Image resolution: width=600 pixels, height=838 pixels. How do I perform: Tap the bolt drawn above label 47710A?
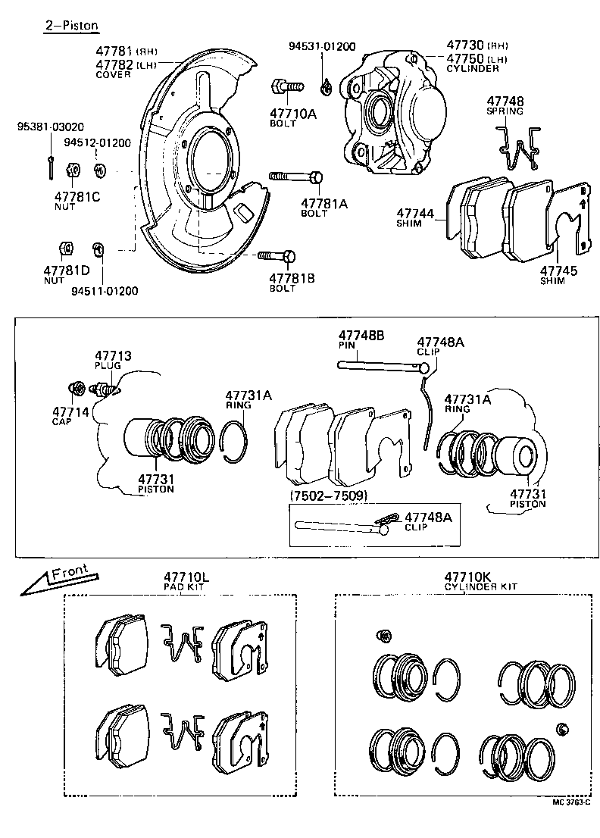tap(286, 86)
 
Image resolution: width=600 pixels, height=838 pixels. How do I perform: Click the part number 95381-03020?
tap(51, 127)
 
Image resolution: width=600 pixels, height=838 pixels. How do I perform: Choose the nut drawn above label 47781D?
tap(65, 248)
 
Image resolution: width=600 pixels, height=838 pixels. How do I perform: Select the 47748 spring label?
tap(505, 101)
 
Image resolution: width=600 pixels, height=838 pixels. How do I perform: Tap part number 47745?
tap(558, 270)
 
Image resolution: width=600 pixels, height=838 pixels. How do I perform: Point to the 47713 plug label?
tap(113, 355)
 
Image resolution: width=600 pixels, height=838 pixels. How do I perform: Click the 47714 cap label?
tap(70, 411)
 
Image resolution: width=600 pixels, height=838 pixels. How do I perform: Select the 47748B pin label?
tap(361, 336)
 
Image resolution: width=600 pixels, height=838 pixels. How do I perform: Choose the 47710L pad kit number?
tap(186, 577)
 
